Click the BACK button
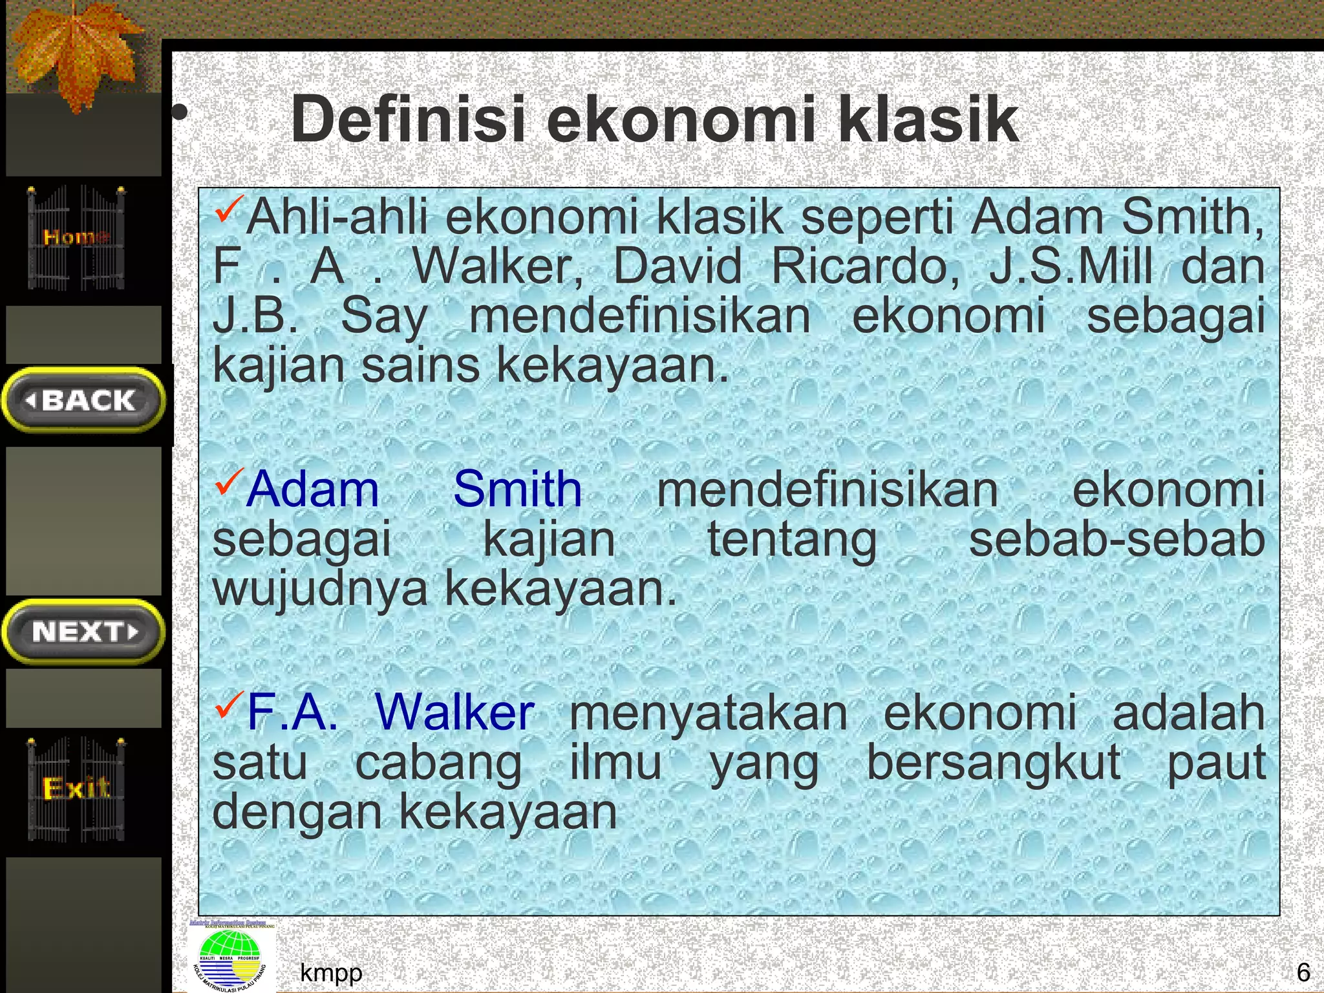click(83, 400)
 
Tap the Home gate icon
click(76, 237)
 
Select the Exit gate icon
click(76, 789)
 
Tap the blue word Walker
click(454, 712)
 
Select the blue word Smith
click(517, 489)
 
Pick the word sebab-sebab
click(1116, 539)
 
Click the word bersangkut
click(994, 763)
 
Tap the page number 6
click(1303, 972)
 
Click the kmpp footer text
click(331, 972)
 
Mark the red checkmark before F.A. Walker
click(229, 704)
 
